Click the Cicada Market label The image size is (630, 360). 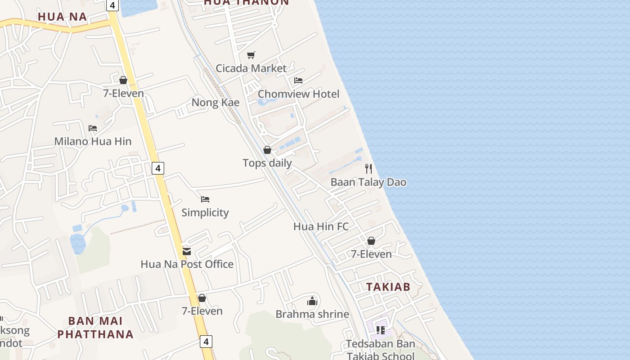(x=251, y=68)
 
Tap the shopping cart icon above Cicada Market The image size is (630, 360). (x=251, y=55)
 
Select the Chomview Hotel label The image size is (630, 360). (x=298, y=94)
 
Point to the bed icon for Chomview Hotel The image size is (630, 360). (x=298, y=81)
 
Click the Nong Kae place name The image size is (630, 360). (x=216, y=103)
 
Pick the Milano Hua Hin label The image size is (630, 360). (x=93, y=141)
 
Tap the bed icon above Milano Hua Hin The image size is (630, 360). (x=93, y=128)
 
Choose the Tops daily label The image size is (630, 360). (x=267, y=163)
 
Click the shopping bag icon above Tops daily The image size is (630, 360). (x=267, y=150)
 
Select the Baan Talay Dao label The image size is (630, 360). (x=368, y=182)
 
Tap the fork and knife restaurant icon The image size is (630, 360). (x=369, y=169)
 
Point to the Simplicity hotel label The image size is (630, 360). (x=205, y=212)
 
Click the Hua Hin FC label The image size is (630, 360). (x=321, y=226)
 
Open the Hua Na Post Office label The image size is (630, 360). (x=187, y=264)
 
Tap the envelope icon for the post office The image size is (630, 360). (x=187, y=251)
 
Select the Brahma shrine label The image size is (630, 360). (x=312, y=314)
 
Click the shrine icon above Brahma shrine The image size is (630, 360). (x=312, y=301)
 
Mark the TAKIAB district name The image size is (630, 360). (x=388, y=287)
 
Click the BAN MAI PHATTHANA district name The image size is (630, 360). (x=95, y=328)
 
